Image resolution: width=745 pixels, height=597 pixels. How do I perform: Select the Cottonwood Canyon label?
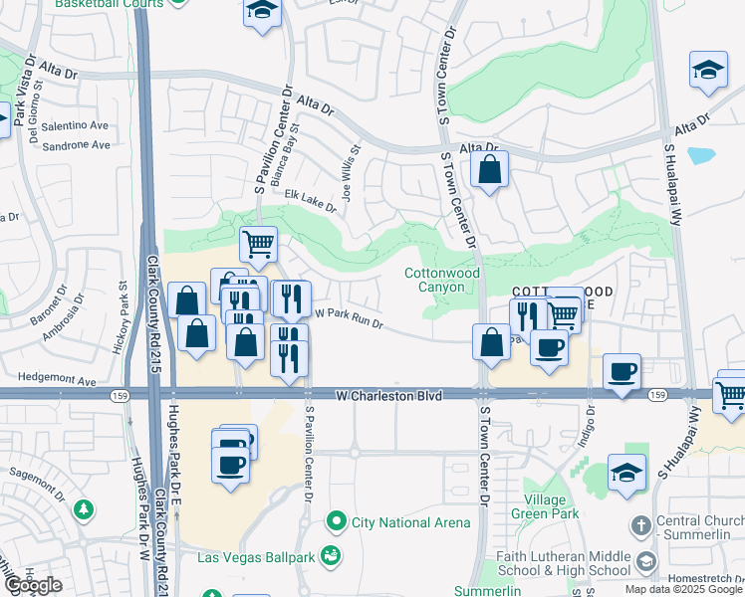pyautogui.click(x=441, y=280)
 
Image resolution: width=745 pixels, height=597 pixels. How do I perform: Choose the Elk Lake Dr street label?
pyautogui.click(x=310, y=200)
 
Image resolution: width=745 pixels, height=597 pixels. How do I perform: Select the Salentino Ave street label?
pyautogui.click(x=76, y=125)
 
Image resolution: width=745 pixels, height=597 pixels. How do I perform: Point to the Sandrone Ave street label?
pyautogui.click(x=76, y=145)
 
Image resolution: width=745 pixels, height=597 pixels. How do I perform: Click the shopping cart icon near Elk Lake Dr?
pyautogui.click(x=258, y=242)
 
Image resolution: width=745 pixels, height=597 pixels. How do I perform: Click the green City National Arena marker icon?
pyautogui.click(x=337, y=521)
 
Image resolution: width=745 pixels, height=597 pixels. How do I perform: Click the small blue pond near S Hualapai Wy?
pyautogui.click(x=701, y=155)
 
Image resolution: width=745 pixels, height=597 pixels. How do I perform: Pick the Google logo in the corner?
pyautogui.click(x=33, y=586)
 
